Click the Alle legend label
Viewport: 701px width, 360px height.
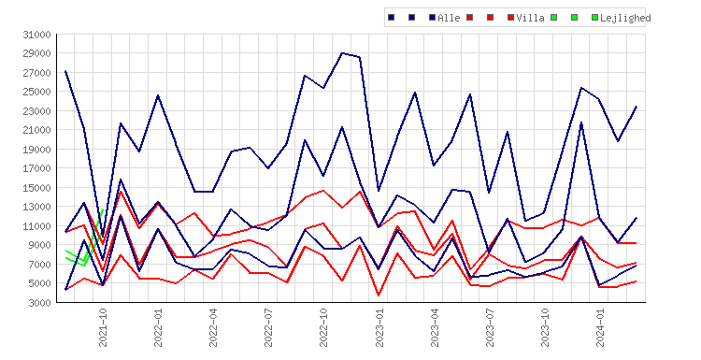tap(449, 18)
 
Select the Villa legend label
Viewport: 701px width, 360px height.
tap(530, 18)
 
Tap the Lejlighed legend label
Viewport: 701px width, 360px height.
tap(625, 18)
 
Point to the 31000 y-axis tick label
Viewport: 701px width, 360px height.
tap(37, 35)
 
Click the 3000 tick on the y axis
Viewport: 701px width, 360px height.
tap(40, 303)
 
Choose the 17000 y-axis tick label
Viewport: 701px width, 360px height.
tap(37, 168)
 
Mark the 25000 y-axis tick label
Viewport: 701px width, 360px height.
tap(37, 92)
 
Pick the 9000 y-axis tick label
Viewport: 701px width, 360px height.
tap(40, 245)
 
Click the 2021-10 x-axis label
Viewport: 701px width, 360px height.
tap(103, 327)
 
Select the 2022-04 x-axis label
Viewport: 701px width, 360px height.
tap(213, 327)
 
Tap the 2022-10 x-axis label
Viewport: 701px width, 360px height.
tap(323, 327)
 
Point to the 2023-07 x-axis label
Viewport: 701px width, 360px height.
tap(490, 327)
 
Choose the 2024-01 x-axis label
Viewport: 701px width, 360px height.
tap(600, 327)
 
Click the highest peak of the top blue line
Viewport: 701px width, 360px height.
tap(342, 52)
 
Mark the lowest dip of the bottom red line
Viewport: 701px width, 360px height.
tap(379, 295)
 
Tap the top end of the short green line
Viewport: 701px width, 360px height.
tap(103, 209)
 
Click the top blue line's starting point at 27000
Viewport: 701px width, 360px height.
tap(65, 71)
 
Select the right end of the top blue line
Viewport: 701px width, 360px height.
tap(637, 107)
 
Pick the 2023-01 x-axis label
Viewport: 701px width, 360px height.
tap(379, 327)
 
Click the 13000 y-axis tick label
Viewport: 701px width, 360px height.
tap(37, 207)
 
